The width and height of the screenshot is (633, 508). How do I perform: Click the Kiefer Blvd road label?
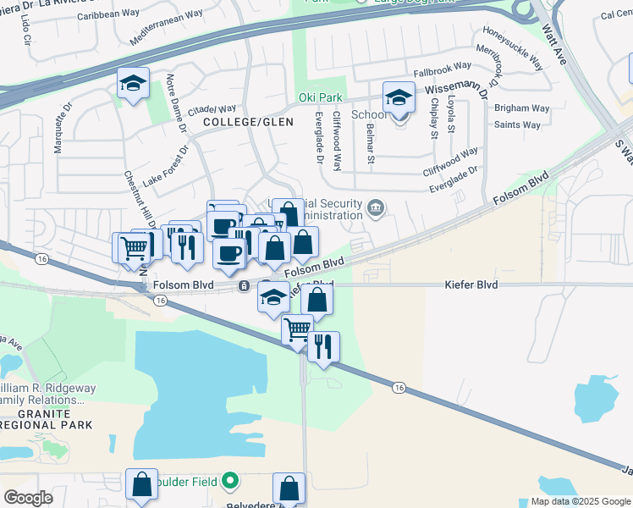point(471,285)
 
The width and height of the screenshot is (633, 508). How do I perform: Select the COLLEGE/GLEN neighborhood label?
point(236,123)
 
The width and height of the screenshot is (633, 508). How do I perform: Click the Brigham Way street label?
point(523,108)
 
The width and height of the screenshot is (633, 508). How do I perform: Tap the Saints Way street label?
point(518,125)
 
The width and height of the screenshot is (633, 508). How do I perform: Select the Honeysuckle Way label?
point(513,46)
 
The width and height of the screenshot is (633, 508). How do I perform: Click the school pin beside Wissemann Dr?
point(398,98)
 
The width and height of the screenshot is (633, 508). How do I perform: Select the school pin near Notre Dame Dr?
point(133,83)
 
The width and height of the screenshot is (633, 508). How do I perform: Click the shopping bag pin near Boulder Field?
point(141,485)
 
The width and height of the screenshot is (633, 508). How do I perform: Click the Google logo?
point(28,498)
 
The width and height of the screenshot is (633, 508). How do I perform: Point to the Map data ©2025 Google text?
point(581,501)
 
